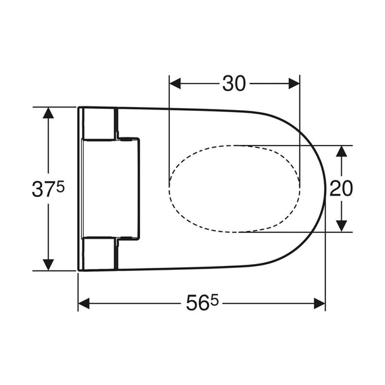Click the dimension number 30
[234, 84]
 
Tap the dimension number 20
[341, 188]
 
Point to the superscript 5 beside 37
[60, 186]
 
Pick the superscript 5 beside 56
[215, 300]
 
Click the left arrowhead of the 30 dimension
[175, 84]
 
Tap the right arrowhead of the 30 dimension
[294, 84]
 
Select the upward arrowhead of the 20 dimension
[341, 151]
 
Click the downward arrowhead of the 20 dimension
[341, 226]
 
